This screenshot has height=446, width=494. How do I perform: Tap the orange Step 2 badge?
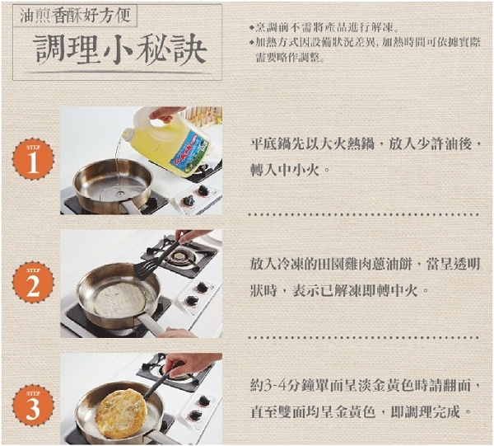[x=33, y=282]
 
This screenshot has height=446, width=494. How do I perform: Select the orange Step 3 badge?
[x=33, y=405]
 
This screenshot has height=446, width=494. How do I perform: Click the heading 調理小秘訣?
[x=120, y=49]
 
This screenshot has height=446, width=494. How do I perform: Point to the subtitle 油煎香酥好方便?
[x=75, y=16]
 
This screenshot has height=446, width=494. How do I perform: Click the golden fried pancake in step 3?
[x=121, y=414]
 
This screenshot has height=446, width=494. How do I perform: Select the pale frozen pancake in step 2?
[x=120, y=299]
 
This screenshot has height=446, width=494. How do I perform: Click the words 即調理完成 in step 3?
[x=426, y=411]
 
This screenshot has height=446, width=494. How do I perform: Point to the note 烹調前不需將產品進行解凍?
[x=327, y=28]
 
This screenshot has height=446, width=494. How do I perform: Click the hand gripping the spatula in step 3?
[x=189, y=364]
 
